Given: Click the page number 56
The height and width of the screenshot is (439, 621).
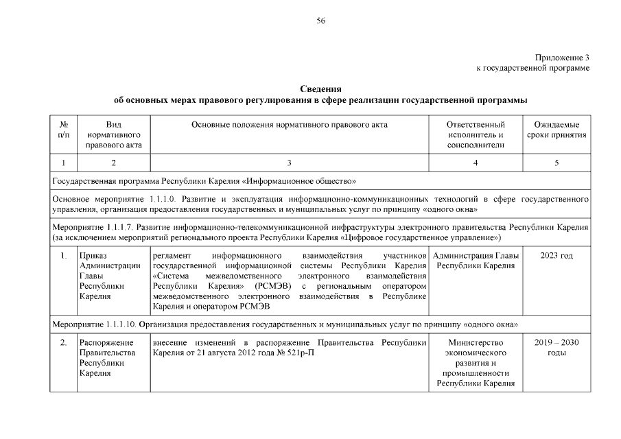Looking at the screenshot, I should (x=320, y=21).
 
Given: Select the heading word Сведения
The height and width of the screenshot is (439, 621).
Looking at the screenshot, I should (x=320, y=89).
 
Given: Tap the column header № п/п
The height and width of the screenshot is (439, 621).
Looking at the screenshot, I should (x=64, y=130).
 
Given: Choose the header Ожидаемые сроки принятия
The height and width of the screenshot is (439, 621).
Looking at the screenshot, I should (x=556, y=130).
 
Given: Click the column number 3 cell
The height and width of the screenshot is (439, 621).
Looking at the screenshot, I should (x=289, y=163).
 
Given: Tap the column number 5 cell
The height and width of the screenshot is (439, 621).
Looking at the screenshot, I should (x=556, y=163).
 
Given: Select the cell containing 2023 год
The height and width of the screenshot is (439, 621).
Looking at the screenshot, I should (x=556, y=256).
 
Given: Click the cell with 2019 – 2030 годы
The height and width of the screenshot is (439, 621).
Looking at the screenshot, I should (x=556, y=347).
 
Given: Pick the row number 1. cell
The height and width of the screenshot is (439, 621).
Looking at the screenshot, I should (x=63, y=256).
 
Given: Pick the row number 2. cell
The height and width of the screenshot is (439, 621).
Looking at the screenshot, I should (x=63, y=342).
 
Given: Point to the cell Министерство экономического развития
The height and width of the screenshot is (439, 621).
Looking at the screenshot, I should (x=476, y=362).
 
